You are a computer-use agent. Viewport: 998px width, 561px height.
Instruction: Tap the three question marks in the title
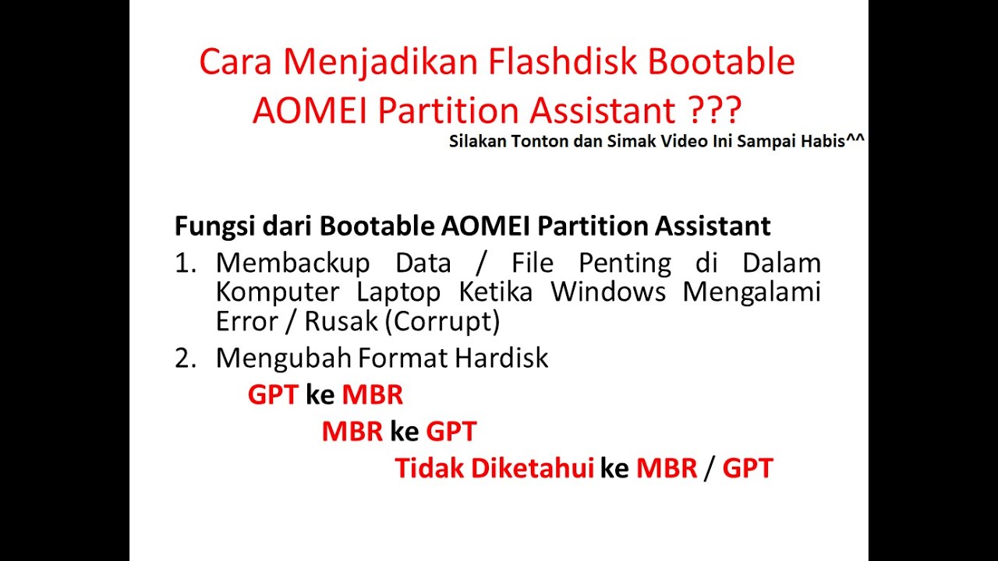tap(716, 111)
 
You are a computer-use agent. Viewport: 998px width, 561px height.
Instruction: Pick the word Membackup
tap(292, 263)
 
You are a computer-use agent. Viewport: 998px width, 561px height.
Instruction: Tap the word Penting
tap(625, 263)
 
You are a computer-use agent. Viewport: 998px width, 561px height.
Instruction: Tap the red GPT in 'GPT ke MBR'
tap(273, 395)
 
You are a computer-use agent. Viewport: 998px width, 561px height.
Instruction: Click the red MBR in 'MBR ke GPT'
tap(352, 431)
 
